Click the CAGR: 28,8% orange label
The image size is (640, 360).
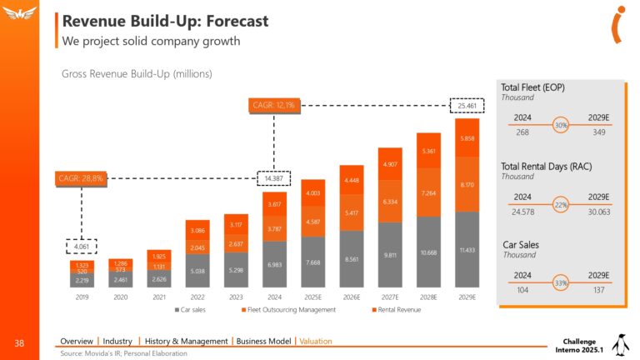pos(80,177)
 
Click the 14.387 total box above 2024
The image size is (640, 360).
pos(273,178)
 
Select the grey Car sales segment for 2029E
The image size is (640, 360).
pos(467,250)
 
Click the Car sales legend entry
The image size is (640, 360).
pos(193,311)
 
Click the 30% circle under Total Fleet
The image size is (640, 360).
pos(561,125)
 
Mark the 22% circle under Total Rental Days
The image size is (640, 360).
pos(561,205)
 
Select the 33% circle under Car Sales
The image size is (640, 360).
pos(561,284)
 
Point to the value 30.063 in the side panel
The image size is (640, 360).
pos(599,212)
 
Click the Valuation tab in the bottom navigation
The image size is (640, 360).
pos(317,341)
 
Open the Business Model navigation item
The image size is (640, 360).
pos(263,341)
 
